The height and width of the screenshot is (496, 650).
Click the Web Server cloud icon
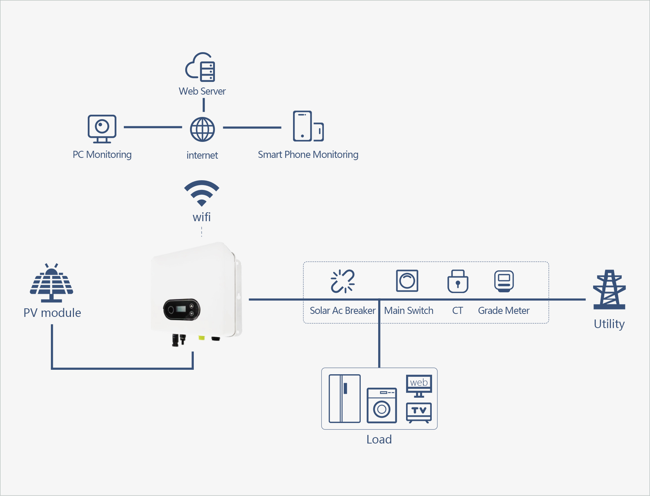click(200, 67)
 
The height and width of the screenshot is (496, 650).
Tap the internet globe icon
click(202, 129)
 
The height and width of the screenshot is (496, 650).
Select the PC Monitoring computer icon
click(102, 129)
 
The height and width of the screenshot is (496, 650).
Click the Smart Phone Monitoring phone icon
click(308, 126)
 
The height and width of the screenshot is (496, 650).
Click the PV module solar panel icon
click(51, 283)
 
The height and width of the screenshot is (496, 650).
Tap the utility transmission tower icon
click(609, 290)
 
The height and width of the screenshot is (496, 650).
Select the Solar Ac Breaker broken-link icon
click(342, 281)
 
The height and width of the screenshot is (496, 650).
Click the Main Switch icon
click(407, 281)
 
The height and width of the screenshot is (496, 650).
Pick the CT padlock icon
click(458, 282)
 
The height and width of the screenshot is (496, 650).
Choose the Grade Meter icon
click(504, 281)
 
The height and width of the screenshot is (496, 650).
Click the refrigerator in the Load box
click(345, 398)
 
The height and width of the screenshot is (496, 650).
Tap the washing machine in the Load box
click(382, 406)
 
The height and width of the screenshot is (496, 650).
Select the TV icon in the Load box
click(419, 412)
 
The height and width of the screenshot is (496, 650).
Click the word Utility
click(609, 324)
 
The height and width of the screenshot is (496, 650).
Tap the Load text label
click(379, 439)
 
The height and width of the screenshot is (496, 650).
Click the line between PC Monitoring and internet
click(153, 127)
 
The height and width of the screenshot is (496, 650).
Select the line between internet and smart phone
click(252, 127)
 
